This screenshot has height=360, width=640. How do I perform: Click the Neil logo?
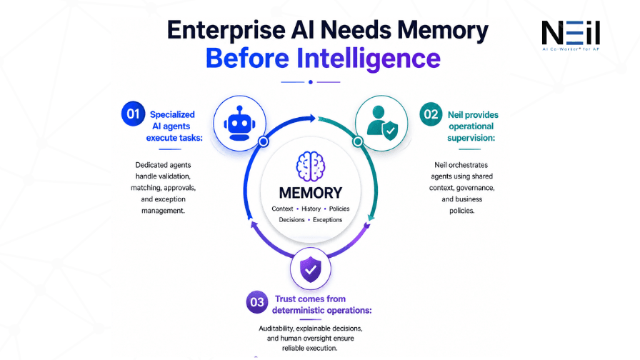pyautogui.click(x=571, y=35)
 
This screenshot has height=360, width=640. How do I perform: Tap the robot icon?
pyautogui.click(x=239, y=124)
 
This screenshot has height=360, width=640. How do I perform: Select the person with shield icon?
pyautogui.click(x=382, y=124)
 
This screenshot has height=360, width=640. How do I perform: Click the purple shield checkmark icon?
pyautogui.click(x=311, y=269)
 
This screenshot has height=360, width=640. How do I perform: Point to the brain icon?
pyautogui.click(x=311, y=166)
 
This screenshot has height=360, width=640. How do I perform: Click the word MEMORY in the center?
pyautogui.click(x=311, y=193)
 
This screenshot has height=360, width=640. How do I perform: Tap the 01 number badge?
pyautogui.click(x=133, y=114)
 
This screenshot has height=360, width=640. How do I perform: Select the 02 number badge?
pyautogui.click(x=431, y=114)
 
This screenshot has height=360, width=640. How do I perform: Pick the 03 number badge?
pyautogui.click(x=257, y=302)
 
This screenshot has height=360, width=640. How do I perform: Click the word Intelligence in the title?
pyautogui.click(x=369, y=59)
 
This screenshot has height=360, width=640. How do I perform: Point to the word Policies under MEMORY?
pyautogui.click(x=339, y=209)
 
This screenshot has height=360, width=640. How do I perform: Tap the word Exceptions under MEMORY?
pyautogui.click(x=328, y=219)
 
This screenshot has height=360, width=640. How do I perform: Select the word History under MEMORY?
pyautogui.click(x=311, y=209)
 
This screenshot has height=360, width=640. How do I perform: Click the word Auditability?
pyautogui.click(x=276, y=328)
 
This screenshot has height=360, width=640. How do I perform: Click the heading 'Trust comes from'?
pyautogui.click(x=310, y=299)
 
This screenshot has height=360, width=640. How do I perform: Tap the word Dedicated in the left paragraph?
pyautogui.click(x=151, y=165)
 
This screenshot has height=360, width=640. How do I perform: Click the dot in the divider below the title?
pyautogui.click(x=311, y=82)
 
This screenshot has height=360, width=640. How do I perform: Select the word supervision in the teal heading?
pyautogui.click(x=471, y=138)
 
